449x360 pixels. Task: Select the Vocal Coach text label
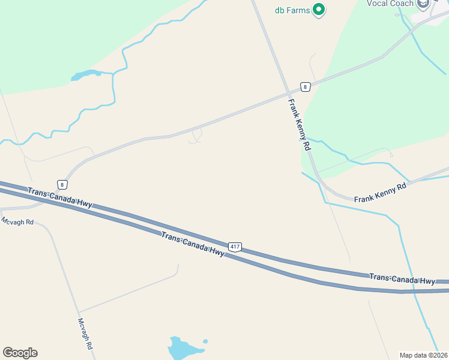tap(390, 4)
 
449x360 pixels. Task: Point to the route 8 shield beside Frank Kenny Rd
tap(306, 87)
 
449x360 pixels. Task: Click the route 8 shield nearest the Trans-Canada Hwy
tap(62, 184)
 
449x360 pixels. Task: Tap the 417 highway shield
tap(235, 247)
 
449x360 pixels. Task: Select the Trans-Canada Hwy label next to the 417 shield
tap(193, 244)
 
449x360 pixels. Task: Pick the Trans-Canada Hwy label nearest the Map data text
tap(402, 279)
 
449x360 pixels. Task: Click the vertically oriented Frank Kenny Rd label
tap(299, 125)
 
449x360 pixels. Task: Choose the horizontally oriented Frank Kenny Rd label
tap(380, 193)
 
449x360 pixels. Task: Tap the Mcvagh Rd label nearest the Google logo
tap(85, 334)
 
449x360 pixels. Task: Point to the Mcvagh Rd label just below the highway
tap(17, 221)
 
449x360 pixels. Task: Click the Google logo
tap(20, 353)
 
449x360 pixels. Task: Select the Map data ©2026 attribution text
tap(423, 355)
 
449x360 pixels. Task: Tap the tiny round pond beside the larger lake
tap(205, 341)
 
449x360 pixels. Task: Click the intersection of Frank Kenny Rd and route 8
tap(289, 93)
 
